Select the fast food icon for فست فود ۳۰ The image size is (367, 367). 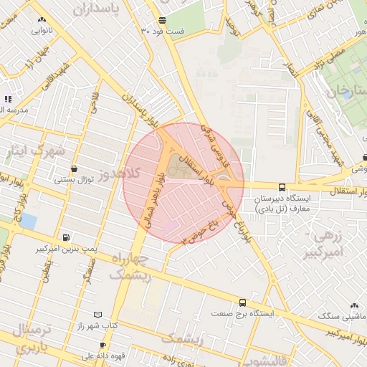point(162,20)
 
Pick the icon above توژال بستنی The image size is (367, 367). point(74,169)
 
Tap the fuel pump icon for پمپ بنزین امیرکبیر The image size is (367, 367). point(66,237)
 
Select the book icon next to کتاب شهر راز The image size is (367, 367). point(98,315)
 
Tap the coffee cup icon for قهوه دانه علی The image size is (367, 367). point(103,345)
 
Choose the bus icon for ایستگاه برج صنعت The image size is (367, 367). point(243,303)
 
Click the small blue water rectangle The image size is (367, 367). point(28,221)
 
